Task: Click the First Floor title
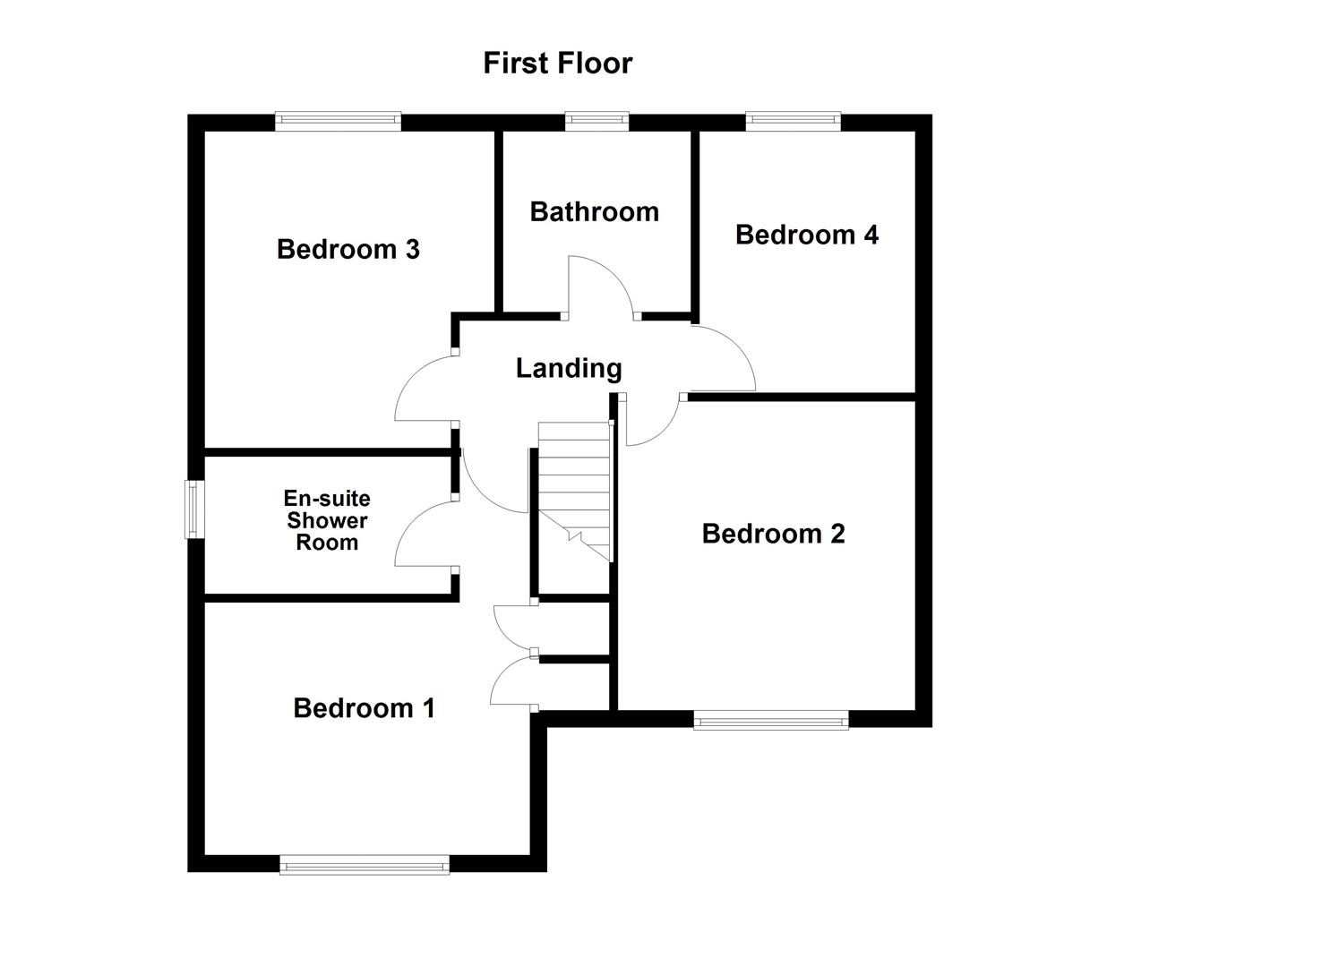(x=557, y=63)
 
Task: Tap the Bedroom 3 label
(x=348, y=249)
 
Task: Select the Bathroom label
(x=594, y=211)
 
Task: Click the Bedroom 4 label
(x=806, y=235)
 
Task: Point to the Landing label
(x=569, y=368)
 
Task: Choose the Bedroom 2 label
(x=773, y=534)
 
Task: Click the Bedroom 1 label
(x=364, y=708)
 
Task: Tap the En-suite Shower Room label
(x=327, y=520)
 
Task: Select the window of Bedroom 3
(x=338, y=122)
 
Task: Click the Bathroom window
(x=596, y=122)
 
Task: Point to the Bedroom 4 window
(x=793, y=122)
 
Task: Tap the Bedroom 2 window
(x=770, y=719)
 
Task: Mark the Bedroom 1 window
(x=364, y=864)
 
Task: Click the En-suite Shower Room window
(x=194, y=509)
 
